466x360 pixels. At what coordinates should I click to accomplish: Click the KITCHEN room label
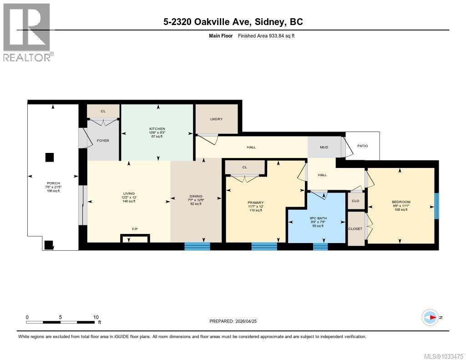[157, 129]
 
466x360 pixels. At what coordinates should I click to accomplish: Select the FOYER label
[103, 141]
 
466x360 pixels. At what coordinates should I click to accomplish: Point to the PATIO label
[362, 146]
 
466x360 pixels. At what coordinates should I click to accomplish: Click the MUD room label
[324, 147]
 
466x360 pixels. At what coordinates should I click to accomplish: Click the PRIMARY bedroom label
[243, 203]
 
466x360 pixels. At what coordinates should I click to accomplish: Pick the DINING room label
[195, 197]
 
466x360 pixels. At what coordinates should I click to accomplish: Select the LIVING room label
[129, 193]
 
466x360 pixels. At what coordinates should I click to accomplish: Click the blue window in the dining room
[197, 247]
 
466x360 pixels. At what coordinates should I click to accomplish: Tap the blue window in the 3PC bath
[320, 247]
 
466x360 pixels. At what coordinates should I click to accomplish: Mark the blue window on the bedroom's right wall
[436, 206]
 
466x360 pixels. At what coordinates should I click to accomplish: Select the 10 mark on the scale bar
[96, 317]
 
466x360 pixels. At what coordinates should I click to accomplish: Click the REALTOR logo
[27, 32]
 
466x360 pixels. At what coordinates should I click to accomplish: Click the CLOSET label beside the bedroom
[355, 229]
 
